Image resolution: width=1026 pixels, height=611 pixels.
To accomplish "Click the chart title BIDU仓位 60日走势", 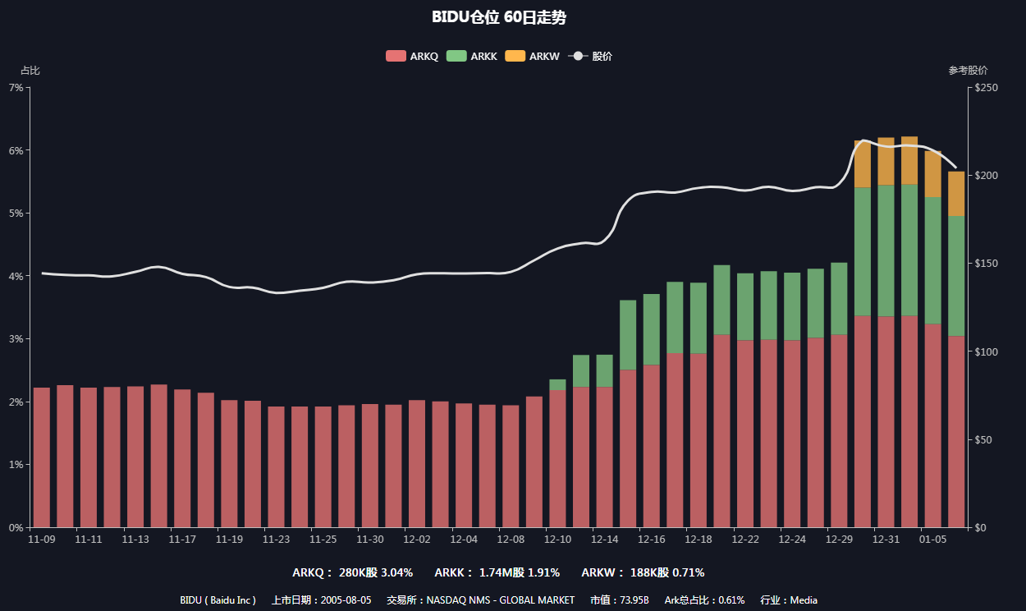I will click(498, 17).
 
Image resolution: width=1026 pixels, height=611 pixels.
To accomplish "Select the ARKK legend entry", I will click(472, 57).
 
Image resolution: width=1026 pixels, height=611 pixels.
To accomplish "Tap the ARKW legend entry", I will click(532, 57).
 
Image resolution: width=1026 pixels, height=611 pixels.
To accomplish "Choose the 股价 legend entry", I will click(590, 57).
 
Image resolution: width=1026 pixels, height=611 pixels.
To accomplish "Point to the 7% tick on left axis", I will click(15, 87).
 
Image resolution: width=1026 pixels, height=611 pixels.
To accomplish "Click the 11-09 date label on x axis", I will click(42, 540).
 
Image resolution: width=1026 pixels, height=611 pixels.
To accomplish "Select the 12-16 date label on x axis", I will click(652, 540).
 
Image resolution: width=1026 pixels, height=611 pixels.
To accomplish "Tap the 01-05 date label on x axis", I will click(933, 540).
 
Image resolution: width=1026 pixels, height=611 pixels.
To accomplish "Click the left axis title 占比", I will click(30, 71).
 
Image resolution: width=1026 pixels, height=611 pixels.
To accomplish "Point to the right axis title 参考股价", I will click(968, 71).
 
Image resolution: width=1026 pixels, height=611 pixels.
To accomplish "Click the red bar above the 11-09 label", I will click(42, 457).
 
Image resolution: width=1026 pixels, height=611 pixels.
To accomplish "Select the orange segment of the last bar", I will click(956, 194).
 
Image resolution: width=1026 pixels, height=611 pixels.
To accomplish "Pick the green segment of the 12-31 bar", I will click(886, 250).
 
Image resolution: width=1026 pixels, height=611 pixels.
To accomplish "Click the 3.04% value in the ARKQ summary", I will click(396, 572).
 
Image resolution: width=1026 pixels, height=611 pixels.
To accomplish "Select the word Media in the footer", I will click(804, 600).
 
